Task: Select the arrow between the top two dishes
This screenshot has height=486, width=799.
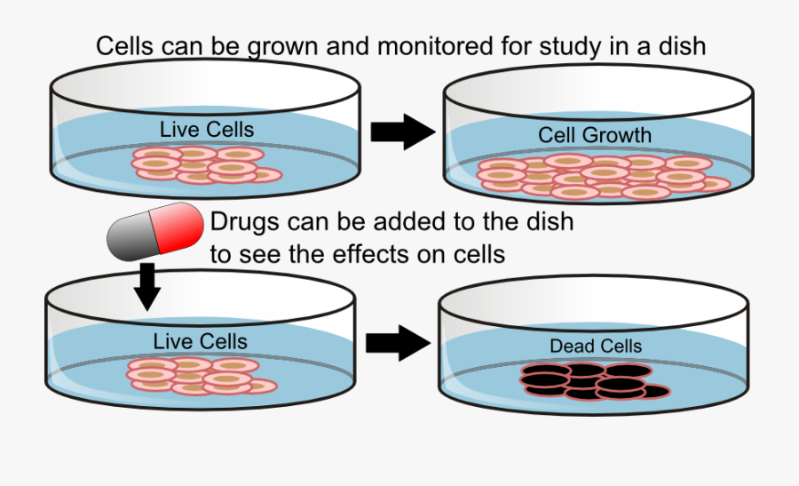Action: point(401,131)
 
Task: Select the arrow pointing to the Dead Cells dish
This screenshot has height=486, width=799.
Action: point(397,342)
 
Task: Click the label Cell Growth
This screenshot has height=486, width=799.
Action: point(595,136)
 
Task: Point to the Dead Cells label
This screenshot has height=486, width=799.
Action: point(595,347)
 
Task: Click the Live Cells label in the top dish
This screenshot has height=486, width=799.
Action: point(207,130)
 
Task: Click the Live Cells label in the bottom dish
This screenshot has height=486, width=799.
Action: point(200,341)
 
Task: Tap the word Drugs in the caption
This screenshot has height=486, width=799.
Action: point(243,221)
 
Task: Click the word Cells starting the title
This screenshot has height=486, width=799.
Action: point(125,46)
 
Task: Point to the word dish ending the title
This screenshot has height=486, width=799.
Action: point(678,46)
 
